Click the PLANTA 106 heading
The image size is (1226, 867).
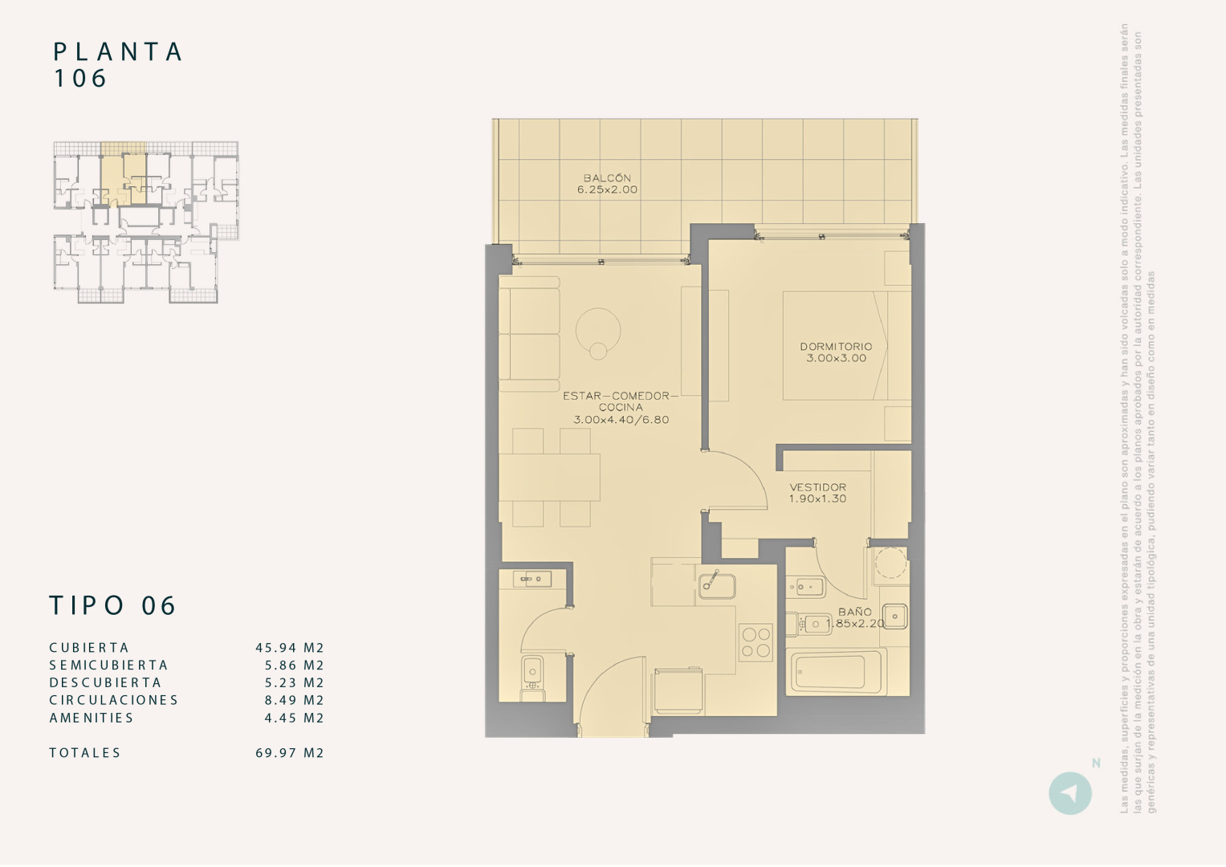pos(118,64)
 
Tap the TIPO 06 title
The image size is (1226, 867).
pos(112,605)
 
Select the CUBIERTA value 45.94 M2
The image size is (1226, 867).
pos(290,648)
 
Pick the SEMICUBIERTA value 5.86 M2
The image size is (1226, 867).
pos(294,666)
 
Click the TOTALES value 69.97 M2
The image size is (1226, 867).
pos(290,753)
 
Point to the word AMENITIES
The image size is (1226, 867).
pos(92,718)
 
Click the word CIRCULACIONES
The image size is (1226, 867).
pos(113,700)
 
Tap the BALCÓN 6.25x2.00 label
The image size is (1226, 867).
pos(607,184)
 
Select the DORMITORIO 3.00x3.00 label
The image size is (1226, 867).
pos(836,352)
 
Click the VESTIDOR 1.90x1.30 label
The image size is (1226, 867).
pos(817,493)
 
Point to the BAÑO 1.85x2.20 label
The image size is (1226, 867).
pos(855,617)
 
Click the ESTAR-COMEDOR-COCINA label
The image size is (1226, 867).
pos(621,408)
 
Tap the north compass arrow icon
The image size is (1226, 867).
pos(1069,793)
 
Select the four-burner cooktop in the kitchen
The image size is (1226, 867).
pos(756,642)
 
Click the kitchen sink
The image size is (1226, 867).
pos(716,585)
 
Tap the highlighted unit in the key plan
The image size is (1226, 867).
pos(124,178)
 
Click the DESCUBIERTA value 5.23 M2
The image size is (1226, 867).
pos(294,683)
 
